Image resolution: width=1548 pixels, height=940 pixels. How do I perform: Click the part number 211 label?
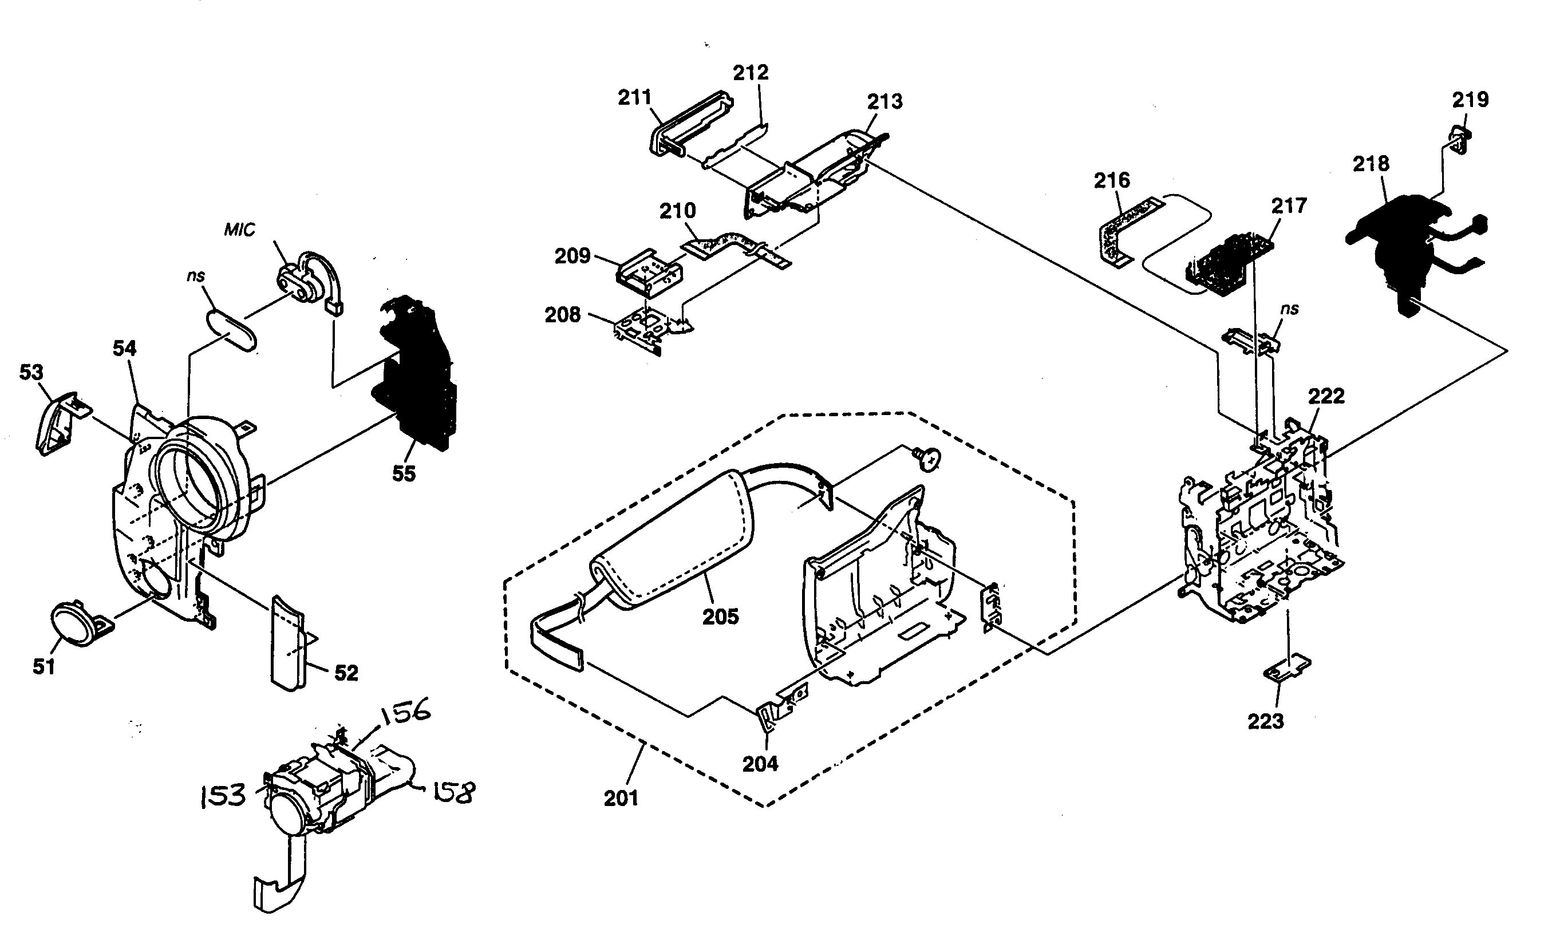click(634, 97)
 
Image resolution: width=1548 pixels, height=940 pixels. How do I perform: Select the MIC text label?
click(239, 230)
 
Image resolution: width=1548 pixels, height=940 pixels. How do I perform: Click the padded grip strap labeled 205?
click(672, 540)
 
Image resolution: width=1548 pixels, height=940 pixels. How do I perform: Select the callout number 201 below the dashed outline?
click(621, 798)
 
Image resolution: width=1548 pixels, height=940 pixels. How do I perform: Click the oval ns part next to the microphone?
click(231, 329)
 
